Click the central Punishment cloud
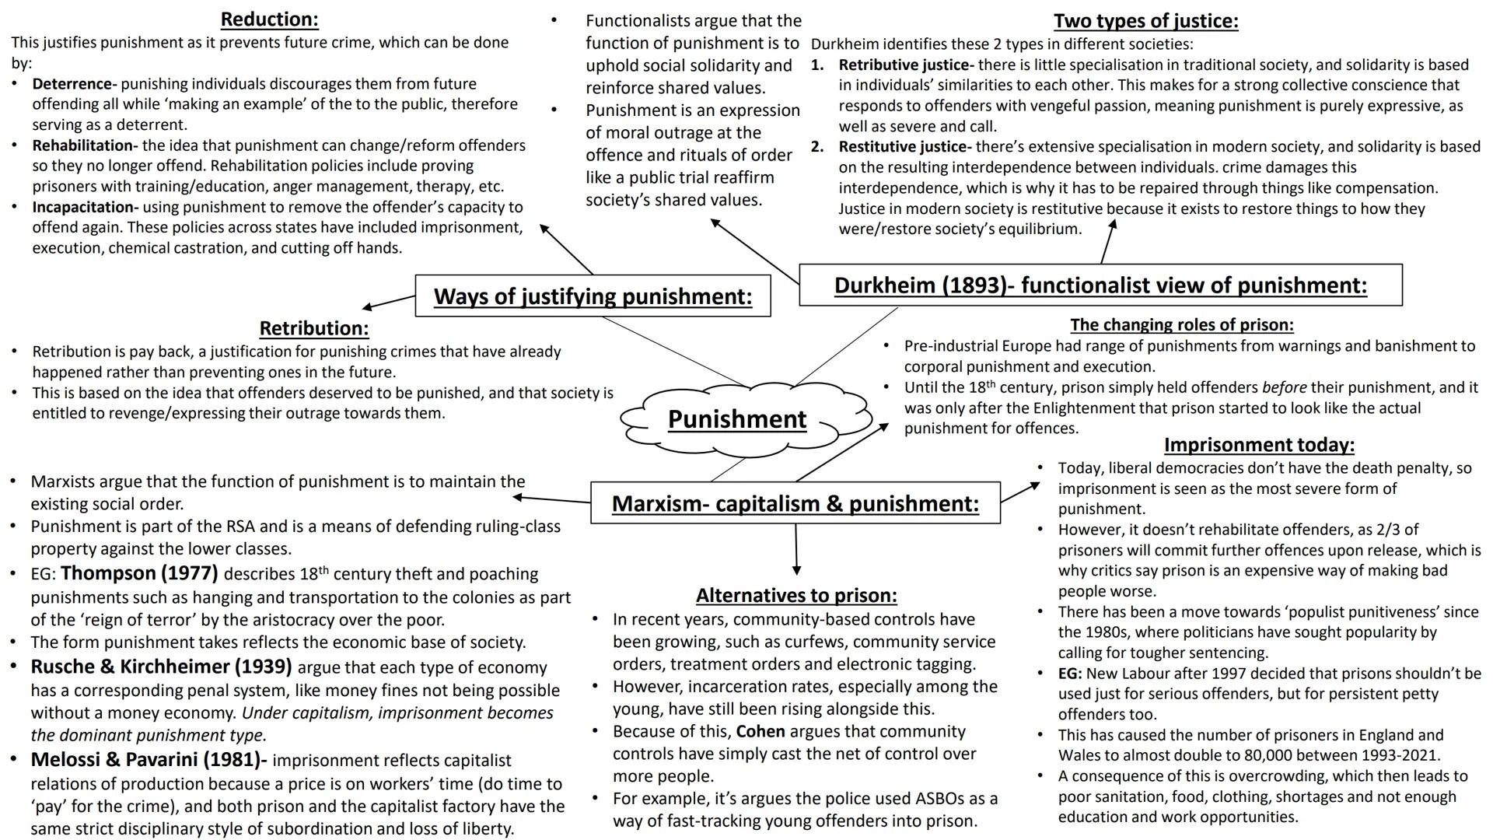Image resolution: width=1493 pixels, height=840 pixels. (736, 419)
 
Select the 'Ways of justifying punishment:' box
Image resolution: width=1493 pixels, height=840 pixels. (593, 296)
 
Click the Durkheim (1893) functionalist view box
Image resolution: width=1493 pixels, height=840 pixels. (1100, 285)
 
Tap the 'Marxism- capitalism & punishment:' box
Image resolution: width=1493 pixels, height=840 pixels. (795, 504)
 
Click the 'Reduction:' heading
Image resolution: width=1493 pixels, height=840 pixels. (269, 19)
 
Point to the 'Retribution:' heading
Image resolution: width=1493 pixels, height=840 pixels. (313, 328)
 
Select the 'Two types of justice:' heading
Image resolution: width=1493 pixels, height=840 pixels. (1145, 21)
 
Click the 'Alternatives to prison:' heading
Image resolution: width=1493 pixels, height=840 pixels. (796, 596)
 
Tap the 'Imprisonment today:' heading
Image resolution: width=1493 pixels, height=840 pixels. (1258, 445)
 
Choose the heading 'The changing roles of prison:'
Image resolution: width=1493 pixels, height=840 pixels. (1181, 325)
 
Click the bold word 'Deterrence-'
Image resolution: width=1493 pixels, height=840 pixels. (75, 84)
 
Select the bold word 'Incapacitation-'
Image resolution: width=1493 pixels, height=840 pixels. (85, 208)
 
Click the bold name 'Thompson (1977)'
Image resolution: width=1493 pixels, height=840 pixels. (139, 574)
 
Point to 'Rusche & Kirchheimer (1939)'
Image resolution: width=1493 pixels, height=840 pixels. (161, 667)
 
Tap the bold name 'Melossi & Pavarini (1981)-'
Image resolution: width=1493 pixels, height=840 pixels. (149, 760)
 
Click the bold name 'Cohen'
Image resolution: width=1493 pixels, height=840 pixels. (760, 732)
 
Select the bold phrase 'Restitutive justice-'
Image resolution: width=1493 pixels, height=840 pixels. (905, 147)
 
